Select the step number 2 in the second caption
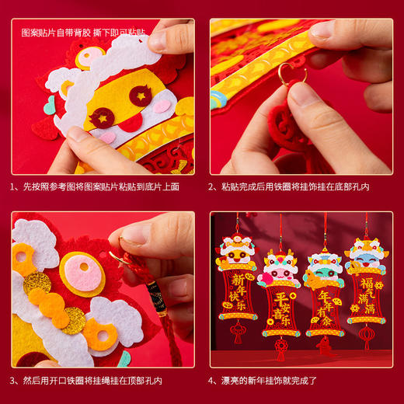pos(213,187)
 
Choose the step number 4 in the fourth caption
pos(213,381)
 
